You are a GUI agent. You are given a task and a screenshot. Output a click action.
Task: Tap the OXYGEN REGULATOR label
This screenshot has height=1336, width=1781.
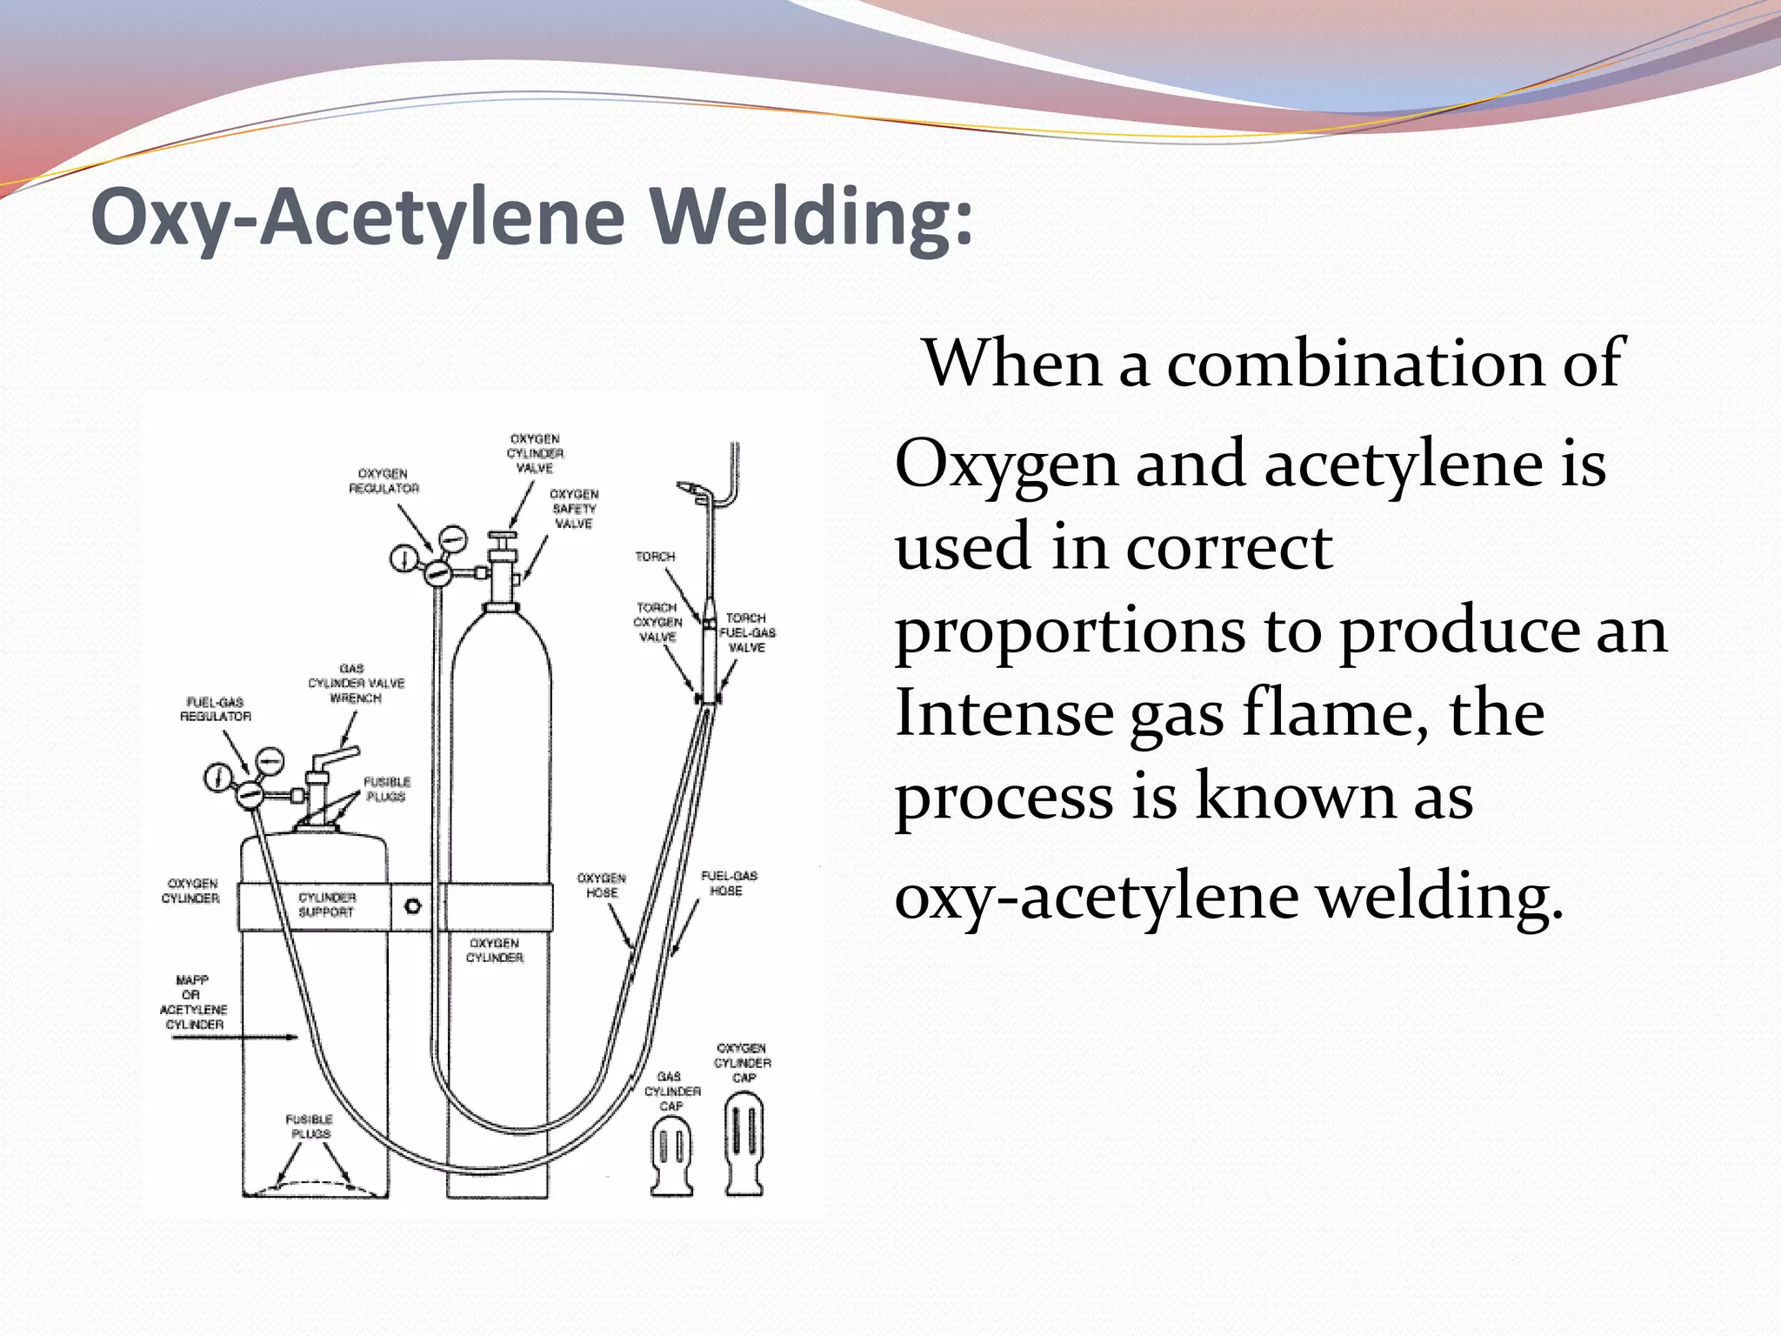tap(384, 481)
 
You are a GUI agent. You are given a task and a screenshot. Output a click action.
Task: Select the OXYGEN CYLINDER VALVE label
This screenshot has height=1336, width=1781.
tap(535, 453)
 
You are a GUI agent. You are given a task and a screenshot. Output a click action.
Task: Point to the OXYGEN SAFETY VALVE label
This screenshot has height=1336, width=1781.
tap(574, 509)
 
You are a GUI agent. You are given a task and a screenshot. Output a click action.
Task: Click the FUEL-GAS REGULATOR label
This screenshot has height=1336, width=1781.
tap(216, 709)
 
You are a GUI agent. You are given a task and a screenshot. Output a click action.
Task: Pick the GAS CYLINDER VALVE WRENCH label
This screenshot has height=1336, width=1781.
tap(356, 684)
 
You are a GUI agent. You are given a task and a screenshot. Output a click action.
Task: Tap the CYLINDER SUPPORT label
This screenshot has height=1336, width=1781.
tap(326, 905)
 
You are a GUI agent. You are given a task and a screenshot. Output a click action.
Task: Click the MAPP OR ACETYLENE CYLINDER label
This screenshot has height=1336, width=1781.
tap(193, 1002)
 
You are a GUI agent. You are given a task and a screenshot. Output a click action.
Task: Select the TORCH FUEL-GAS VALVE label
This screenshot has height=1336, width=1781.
tap(747, 633)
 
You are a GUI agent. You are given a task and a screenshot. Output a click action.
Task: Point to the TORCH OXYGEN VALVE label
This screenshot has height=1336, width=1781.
tap(657, 623)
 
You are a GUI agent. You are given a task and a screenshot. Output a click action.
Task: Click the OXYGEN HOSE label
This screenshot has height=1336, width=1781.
tap(602, 885)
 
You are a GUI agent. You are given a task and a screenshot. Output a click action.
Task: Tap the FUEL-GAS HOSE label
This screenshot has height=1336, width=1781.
tap(729, 883)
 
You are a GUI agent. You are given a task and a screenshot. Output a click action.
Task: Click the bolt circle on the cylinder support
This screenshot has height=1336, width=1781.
tap(413, 906)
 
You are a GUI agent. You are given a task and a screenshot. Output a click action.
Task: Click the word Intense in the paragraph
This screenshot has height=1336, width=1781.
tap(1004, 713)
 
